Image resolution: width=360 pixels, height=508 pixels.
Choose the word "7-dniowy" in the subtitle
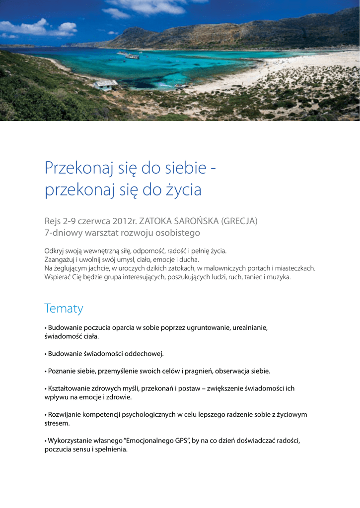61,232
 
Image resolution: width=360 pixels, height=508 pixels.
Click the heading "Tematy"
64,309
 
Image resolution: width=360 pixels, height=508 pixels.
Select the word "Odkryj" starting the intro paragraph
55,251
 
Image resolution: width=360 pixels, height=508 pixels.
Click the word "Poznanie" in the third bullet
62,371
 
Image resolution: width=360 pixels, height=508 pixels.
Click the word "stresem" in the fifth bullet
56,424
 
